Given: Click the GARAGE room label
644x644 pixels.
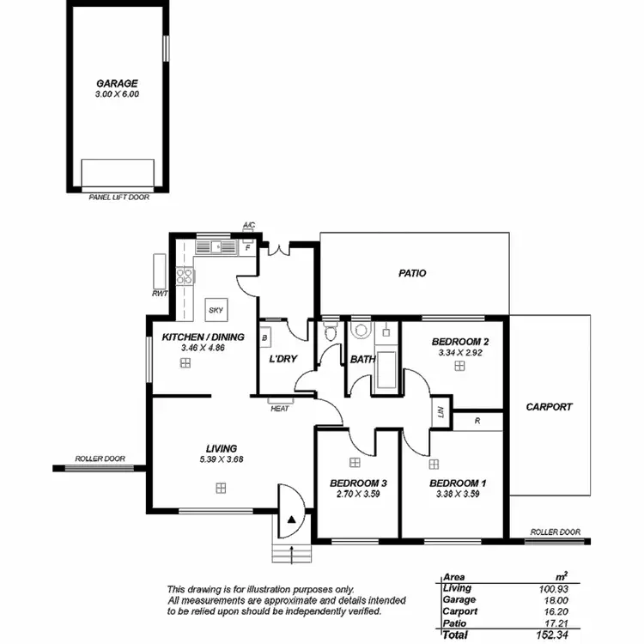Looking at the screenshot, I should click(118, 83).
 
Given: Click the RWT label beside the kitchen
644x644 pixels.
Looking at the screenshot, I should click(159, 294).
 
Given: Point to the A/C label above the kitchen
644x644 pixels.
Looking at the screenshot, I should click(249, 225).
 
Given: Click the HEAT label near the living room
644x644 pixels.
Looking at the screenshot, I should click(280, 409).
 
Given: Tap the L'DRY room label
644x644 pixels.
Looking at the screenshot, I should click(282, 359).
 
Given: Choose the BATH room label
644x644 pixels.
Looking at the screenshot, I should click(362, 360).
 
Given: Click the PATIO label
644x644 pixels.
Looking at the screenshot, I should click(412, 273).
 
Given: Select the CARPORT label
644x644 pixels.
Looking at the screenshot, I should click(549, 407).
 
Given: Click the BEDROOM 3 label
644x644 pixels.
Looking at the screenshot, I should click(357, 483).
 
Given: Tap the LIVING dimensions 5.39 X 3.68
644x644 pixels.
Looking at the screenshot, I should click(221, 459).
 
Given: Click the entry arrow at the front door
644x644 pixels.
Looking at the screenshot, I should click(292, 520).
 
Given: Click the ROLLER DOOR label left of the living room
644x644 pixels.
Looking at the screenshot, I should click(100, 459).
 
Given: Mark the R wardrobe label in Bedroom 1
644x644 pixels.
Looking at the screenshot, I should click(477, 422).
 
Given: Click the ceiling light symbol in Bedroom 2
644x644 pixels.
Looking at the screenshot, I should click(459, 366).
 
